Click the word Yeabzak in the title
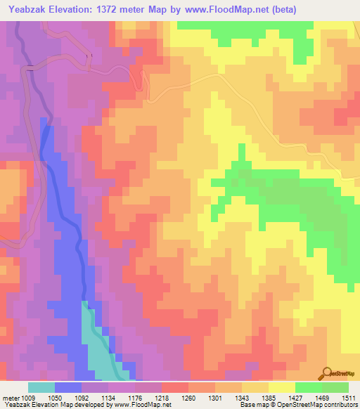click(31, 10)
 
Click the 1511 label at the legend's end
click(349, 398)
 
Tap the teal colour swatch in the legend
click(41, 387)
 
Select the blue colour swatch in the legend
click(68, 387)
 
